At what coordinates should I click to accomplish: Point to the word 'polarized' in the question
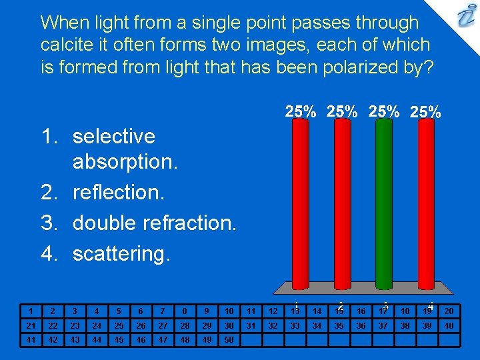click(336, 68)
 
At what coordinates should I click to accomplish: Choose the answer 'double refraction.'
click(154, 223)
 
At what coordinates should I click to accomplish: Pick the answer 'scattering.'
click(121, 253)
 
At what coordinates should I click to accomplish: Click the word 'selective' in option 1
click(113, 136)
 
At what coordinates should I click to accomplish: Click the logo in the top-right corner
click(465, 16)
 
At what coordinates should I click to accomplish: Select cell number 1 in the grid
click(31, 311)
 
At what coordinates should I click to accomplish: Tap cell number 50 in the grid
click(229, 340)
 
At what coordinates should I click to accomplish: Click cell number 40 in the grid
click(449, 325)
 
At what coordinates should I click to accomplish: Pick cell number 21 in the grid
click(31, 325)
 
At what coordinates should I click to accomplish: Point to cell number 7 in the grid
click(163, 311)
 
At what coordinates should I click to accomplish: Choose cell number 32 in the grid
click(273, 325)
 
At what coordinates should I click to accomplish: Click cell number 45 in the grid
click(119, 340)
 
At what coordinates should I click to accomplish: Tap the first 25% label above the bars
click(301, 111)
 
